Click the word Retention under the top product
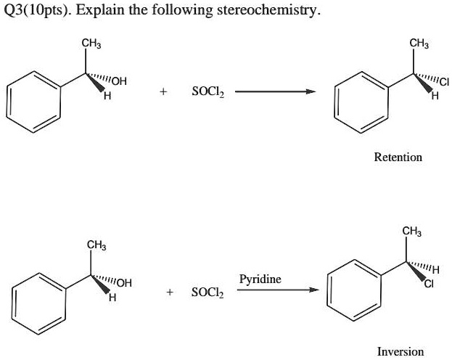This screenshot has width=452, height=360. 398,157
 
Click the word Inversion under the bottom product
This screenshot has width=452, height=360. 400,351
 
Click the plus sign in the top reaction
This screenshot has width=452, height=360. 164,92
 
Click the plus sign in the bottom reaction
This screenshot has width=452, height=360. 169,292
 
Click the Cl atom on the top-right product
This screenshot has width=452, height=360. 443,82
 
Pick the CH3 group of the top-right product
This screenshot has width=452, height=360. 418,43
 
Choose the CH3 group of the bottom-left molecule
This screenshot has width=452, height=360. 97,245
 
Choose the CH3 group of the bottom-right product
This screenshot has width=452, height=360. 411,232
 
